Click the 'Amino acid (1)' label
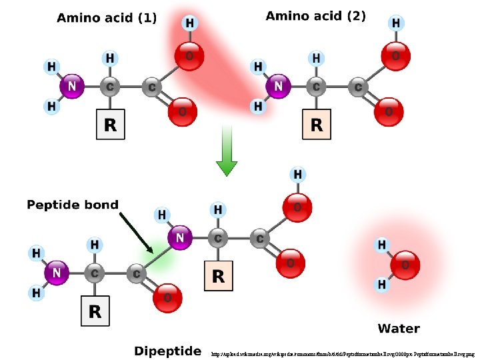click(107, 19)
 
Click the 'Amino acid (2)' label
click(315, 16)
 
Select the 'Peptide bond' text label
click(73, 205)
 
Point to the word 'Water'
click(398, 328)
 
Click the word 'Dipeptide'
click(167, 351)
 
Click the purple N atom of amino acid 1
click(72, 87)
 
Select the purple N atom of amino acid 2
click(278, 87)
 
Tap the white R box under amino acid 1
click(110, 125)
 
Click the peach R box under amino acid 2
click(317, 125)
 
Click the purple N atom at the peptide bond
click(180, 237)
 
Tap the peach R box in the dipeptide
click(218, 275)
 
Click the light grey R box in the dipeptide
click(95, 311)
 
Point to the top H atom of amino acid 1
click(189, 23)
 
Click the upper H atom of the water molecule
click(382, 245)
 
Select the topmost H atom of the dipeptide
click(297, 175)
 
